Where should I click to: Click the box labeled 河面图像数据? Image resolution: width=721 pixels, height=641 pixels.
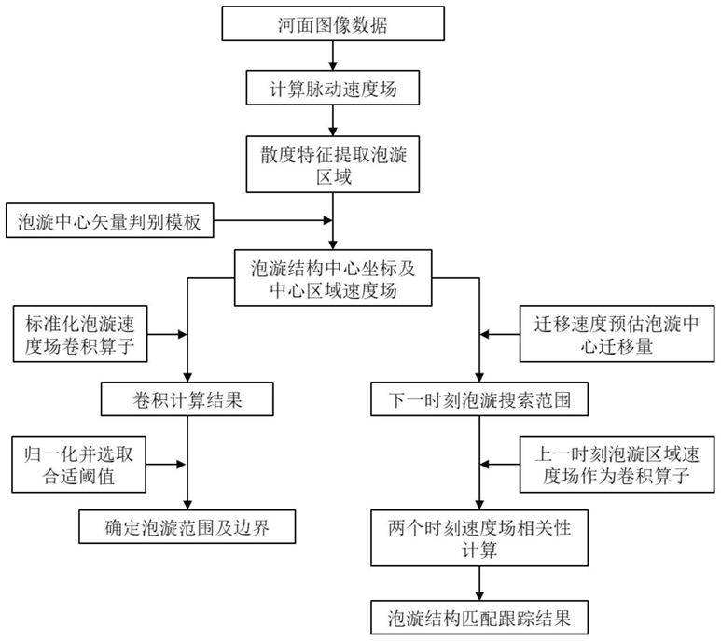tap(333, 23)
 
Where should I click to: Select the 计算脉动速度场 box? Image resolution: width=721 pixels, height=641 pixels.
tap(333, 88)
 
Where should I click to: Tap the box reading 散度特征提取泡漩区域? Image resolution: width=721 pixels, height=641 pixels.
tap(333, 164)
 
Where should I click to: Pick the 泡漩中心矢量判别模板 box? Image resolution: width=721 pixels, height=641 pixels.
tap(110, 220)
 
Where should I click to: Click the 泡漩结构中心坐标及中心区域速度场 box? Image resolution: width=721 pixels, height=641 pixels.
tap(333, 278)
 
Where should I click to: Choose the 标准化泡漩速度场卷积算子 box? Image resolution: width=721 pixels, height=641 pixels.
tap(80, 334)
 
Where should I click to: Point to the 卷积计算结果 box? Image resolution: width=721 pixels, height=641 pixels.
tap(187, 399)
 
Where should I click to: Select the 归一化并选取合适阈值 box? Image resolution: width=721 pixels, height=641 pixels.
tap(79, 465)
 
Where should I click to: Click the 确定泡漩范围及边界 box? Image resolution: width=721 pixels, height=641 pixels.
tap(187, 526)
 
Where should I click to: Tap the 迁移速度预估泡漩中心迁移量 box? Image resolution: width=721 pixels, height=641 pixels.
tap(617, 334)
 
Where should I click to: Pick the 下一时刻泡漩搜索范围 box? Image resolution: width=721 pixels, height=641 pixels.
tap(479, 399)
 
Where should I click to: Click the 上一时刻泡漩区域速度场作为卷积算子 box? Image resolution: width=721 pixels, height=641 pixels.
tap(617, 465)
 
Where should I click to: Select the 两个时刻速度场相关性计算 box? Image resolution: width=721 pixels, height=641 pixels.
tap(479, 538)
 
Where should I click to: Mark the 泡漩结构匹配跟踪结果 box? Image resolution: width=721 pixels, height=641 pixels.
tap(479, 618)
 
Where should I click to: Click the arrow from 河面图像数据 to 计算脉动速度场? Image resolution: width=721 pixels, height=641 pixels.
tap(333, 56)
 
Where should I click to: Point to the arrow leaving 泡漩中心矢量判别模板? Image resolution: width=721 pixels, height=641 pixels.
tap(273, 220)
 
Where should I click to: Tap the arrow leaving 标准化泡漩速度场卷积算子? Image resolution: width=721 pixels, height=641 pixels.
tap(167, 334)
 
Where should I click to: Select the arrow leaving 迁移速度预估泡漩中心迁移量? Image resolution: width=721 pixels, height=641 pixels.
tap(500, 334)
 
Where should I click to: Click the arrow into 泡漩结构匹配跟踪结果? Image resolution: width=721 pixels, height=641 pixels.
tap(479, 583)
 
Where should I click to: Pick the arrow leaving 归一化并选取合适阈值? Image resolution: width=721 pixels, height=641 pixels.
tap(166, 465)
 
